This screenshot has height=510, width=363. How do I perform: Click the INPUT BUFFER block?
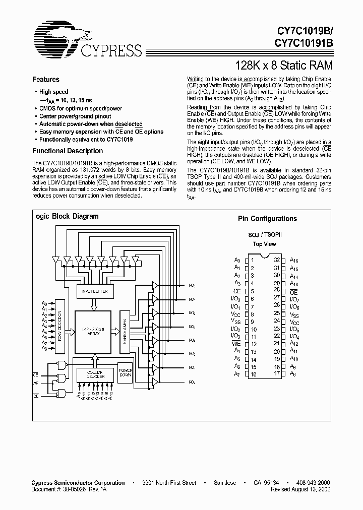[94, 291]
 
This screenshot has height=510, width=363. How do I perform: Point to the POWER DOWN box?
[126, 373]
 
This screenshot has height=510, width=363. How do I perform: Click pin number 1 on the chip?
[252, 260]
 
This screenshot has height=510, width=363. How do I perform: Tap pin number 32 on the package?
[277, 260]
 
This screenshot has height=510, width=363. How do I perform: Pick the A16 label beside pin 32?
[294, 260]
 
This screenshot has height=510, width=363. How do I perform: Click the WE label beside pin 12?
[236, 344]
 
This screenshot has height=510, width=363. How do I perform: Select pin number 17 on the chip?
[277, 374]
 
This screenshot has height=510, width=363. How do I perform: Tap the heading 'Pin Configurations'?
[267, 219]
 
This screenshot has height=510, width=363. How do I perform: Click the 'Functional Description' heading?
[68, 151]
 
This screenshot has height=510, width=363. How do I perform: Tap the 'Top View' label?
[264, 244]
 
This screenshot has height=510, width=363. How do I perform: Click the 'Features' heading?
[46, 79]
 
